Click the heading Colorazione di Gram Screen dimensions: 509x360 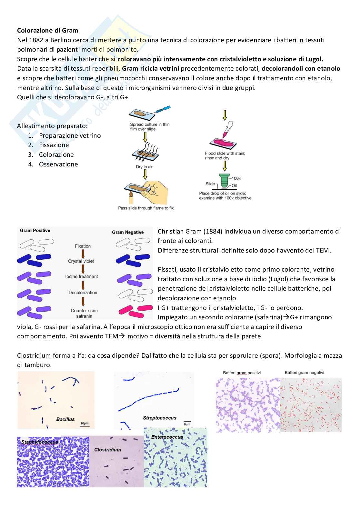tap(47, 31)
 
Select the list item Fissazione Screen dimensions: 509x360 tap(54, 145)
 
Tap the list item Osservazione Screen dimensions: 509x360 tap(58, 165)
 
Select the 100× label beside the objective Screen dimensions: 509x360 tap(236, 178)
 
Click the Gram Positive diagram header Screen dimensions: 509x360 tap(35, 231)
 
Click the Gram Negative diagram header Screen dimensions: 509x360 tap(128, 232)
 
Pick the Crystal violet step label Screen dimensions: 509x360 tap(81, 261)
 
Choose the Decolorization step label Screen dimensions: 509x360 tap(83, 293)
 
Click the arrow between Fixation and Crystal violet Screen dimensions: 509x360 tap(83, 254)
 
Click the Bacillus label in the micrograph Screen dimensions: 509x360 tap(65, 420)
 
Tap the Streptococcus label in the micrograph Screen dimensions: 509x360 tap(159, 418)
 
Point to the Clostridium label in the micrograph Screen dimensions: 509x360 tap(108, 450)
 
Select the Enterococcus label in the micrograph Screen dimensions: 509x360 tap(167, 437)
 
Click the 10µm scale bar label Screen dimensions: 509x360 tap(85, 423)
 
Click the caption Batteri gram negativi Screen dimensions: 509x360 tap(304, 373)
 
